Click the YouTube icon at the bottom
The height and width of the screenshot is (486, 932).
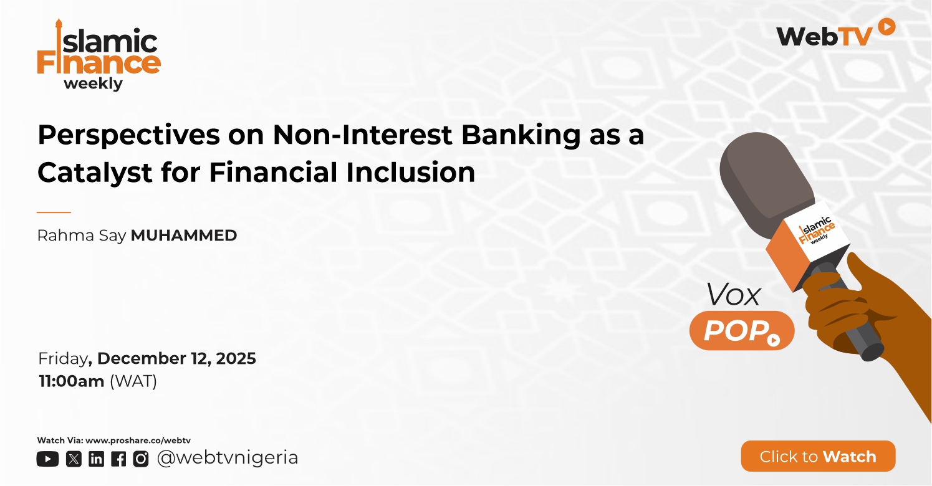click(x=47, y=459)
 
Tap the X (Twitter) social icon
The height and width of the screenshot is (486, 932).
click(x=74, y=459)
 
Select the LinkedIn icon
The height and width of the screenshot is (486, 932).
click(x=96, y=459)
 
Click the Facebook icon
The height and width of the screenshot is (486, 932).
click(x=118, y=459)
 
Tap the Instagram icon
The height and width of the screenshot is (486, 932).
click(x=141, y=459)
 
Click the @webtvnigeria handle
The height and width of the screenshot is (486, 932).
click(x=228, y=458)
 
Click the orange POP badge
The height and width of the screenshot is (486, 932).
click(x=742, y=330)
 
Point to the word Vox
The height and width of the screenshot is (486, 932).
click(x=734, y=295)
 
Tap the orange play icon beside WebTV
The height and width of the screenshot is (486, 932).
click(x=886, y=27)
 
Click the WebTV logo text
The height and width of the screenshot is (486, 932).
click(x=824, y=37)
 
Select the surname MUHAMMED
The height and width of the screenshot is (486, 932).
click(x=184, y=236)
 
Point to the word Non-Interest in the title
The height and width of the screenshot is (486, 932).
click(x=362, y=135)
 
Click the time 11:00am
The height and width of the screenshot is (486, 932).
click(x=72, y=381)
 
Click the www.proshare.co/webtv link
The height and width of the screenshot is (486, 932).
click(x=138, y=441)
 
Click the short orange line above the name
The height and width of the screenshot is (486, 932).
click(x=54, y=212)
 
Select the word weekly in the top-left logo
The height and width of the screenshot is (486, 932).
click(x=94, y=84)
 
